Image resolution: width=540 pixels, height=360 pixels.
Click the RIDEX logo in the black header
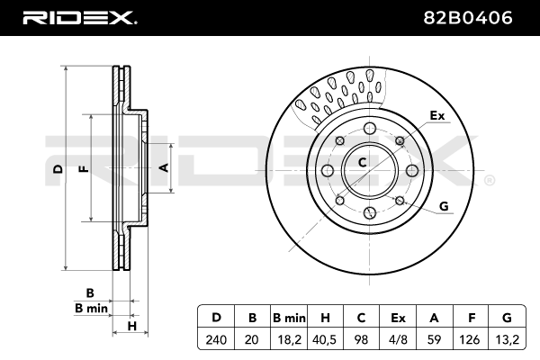(80, 18)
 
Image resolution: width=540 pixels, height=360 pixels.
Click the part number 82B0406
(468, 18)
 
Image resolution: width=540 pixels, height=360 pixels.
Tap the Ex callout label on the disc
(437, 116)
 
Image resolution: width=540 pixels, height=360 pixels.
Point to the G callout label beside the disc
(444, 206)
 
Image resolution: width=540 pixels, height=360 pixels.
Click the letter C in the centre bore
(363, 162)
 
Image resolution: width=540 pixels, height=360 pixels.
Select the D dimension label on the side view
(58, 169)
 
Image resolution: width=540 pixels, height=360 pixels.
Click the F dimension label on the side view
(84, 169)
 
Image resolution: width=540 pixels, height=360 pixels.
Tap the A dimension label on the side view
(164, 167)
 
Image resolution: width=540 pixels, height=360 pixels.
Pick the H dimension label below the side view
(132, 326)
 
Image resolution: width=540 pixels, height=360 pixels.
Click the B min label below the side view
(91, 308)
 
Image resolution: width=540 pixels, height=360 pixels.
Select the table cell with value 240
(216, 340)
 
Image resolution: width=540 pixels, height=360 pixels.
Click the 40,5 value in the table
(324, 340)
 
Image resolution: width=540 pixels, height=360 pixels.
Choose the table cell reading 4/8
(398, 340)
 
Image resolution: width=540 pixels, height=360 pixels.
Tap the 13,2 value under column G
(507, 340)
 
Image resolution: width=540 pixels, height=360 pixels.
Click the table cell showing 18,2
(289, 340)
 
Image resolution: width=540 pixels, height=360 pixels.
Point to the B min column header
(289, 318)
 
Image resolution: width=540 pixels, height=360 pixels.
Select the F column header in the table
(471, 318)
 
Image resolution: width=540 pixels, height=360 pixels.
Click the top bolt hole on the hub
(369, 128)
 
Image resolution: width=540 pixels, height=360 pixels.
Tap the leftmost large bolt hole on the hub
(328, 170)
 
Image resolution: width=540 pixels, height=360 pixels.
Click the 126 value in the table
(470, 340)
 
